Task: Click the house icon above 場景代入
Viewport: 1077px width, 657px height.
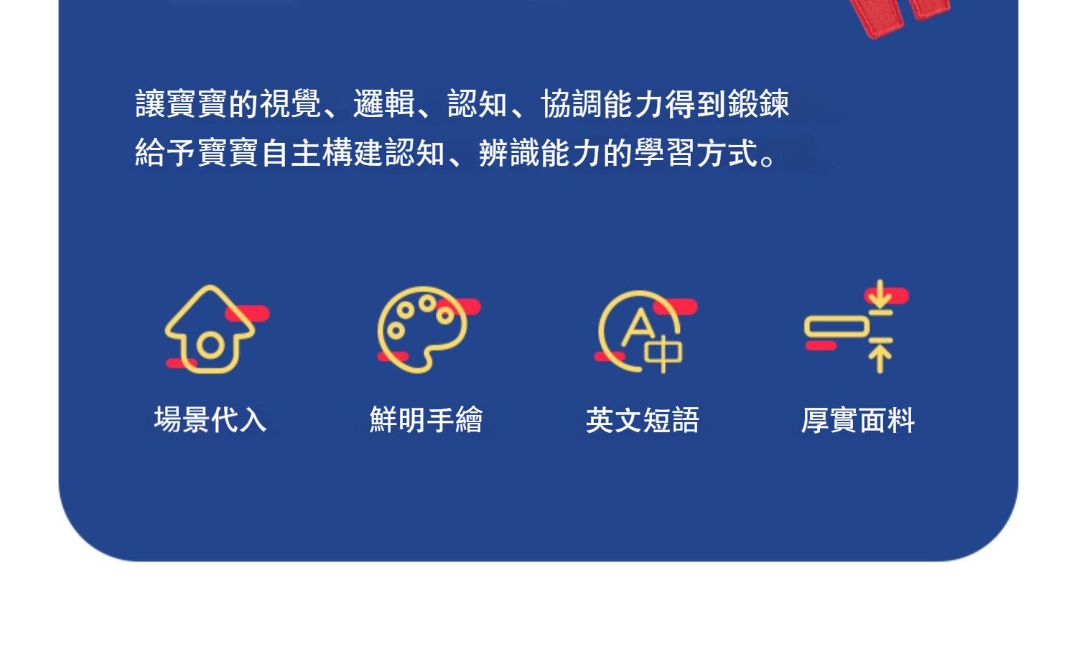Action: pos(210,330)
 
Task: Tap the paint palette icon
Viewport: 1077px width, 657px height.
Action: pos(422,330)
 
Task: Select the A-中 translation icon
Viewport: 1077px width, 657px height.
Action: pos(640,332)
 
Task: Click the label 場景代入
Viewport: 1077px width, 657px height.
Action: pos(210,419)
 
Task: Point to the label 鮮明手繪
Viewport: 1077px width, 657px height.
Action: pos(426,419)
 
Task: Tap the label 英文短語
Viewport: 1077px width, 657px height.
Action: pos(643,419)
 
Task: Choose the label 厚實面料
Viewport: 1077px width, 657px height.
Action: pos(858,419)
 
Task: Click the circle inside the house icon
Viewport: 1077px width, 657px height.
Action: pos(210,345)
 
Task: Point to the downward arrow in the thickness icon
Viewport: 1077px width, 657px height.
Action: pos(880,295)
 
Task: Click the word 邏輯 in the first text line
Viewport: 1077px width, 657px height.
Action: pos(384,103)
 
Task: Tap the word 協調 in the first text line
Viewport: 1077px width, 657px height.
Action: pos(572,103)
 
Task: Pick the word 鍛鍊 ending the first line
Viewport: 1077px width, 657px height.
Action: pos(759,103)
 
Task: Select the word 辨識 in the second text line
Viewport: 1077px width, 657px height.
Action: pos(509,152)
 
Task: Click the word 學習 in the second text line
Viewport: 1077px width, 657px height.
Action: pos(666,152)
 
